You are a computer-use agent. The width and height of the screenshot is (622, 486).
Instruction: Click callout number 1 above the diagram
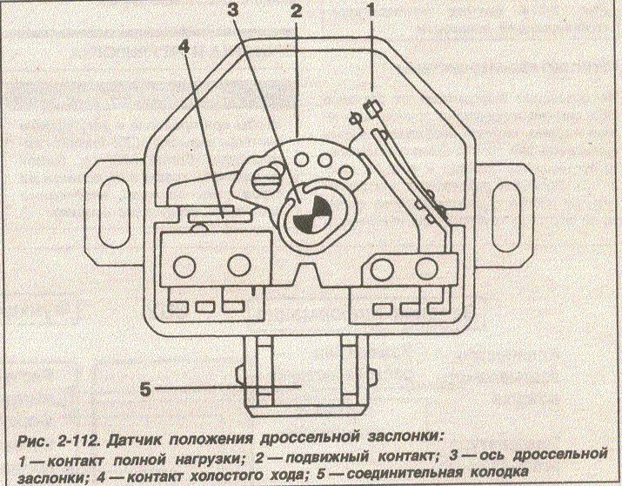click(372, 11)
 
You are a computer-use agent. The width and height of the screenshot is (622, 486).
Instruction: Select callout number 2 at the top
click(297, 11)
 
